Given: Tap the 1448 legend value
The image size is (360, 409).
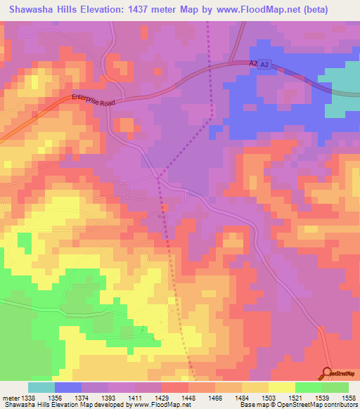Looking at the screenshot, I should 188,397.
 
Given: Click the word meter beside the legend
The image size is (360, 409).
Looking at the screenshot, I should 9,397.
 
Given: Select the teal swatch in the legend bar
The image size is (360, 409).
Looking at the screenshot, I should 41,387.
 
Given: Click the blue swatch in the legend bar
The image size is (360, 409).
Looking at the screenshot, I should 68,387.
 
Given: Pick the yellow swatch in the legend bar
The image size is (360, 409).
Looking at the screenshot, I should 281,387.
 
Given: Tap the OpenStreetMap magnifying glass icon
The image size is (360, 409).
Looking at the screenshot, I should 328,374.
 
